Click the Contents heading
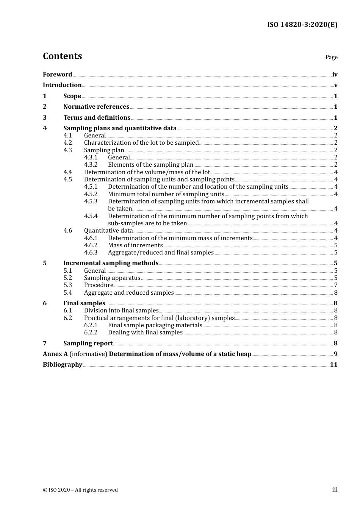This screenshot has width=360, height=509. [x=62, y=56]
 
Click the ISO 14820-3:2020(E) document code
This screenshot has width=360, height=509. [x=302, y=25]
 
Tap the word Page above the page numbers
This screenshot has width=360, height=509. [x=331, y=57]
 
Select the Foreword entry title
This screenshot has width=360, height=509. [x=57, y=75]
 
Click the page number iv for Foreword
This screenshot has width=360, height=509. [x=335, y=75]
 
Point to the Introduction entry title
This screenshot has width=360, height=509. [x=62, y=85]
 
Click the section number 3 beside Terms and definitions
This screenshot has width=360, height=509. [x=45, y=118]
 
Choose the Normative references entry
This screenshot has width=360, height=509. [x=96, y=107]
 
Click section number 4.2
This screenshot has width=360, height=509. [x=67, y=143]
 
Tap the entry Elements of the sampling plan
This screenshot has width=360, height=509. [x=150, y=165]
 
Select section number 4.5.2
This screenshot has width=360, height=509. [x=91, y=194]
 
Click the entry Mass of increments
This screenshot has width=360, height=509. [x=135, y=245]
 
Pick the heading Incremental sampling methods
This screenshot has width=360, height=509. [x=111, y=263]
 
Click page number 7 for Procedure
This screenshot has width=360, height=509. [x=336, y=285]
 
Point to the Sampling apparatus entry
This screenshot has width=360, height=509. [x=112, y=278]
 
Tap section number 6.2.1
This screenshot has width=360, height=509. [x=91, y=325]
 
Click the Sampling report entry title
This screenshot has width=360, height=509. [x=88, y=343]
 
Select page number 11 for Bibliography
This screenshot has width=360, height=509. [x=333, y=365]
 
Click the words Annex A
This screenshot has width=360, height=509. [x=55, y=354]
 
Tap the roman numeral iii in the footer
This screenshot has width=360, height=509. [x=335, y=490]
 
